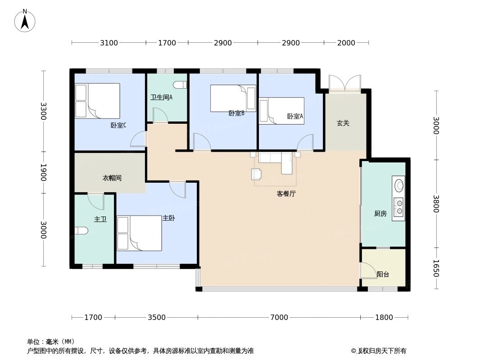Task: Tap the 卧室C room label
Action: point(118,125)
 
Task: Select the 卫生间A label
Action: point(161,97)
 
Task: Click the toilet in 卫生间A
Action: point(180,84)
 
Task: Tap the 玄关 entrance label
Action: point(343,123)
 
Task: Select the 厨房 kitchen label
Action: point(380,214)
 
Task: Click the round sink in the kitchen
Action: point(398,185)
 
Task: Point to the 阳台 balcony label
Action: point(383,274)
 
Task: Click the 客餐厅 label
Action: point(286,194)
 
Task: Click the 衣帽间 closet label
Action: point(112,178)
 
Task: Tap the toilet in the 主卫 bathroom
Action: point(81,231)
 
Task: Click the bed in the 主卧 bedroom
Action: point(139,233)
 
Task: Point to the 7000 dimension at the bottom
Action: point(279,317)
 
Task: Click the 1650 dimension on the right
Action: point(435,269)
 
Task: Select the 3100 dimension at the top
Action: point(109,43)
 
